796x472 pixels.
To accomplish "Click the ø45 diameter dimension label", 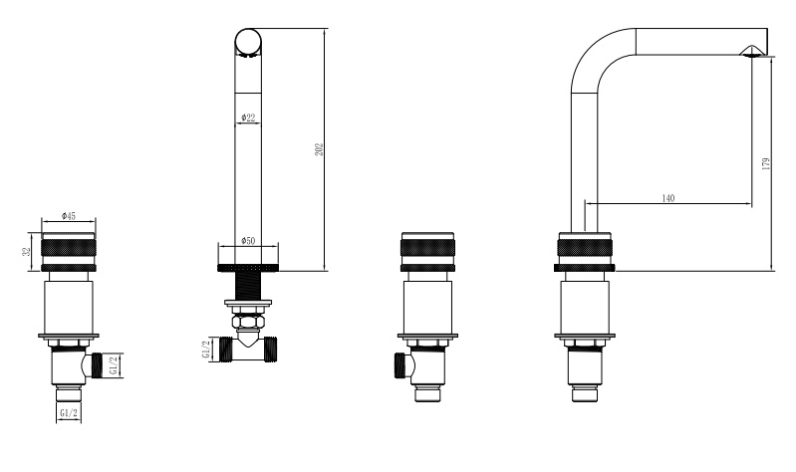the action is tap(68, 216).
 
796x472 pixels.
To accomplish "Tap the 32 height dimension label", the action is tap(28, 251).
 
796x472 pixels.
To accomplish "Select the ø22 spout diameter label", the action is tap(248, 118).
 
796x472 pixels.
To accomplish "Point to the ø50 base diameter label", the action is tap(248, 241).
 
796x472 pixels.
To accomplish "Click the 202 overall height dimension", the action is tap(319, 149).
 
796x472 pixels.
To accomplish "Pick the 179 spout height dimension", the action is tap(766, 163).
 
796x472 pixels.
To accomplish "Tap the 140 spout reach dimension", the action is tap(668, 198).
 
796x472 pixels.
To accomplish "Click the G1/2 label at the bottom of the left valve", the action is tap(69, 413).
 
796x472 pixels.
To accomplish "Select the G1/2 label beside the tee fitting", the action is tap(206, 350).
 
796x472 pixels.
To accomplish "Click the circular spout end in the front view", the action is tap(248, 41).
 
